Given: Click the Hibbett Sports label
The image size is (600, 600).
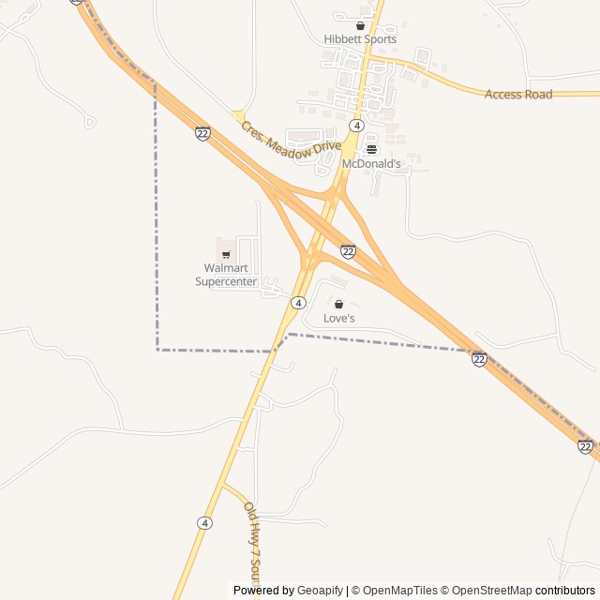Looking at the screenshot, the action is click(x=360, y=39).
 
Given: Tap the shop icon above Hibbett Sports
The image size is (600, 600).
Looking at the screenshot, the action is click(x=360, y=26).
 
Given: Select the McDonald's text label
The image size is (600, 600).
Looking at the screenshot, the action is click(x=371, y=163).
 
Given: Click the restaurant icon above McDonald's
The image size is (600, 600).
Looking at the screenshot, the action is click(x=371, y=149).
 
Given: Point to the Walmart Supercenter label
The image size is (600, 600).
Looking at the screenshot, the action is click(x=226, y=275).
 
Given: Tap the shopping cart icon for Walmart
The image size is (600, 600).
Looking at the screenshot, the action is click(x=226, y=254).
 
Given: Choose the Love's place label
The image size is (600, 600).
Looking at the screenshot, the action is click(x=339, y=319).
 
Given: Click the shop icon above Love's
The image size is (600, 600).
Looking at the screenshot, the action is click(x=339, y=305).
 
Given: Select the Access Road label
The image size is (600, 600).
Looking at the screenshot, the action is click(x=518, y=94).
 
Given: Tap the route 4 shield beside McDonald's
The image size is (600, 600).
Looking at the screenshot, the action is click(x=356, y=126).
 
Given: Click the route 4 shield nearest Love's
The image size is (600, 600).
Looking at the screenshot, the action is click(x=297, y=303).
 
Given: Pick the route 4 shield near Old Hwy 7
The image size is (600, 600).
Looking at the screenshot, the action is click(x=204, y=522).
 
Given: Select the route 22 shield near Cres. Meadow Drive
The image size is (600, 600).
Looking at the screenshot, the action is click(x=202, y=133).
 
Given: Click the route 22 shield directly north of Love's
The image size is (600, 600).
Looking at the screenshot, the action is click(x=348, y=251).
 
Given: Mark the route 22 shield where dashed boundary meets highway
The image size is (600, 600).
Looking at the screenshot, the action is click(x=479, y=359).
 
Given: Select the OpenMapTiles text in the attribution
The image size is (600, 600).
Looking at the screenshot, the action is click(x=400, y=591).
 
